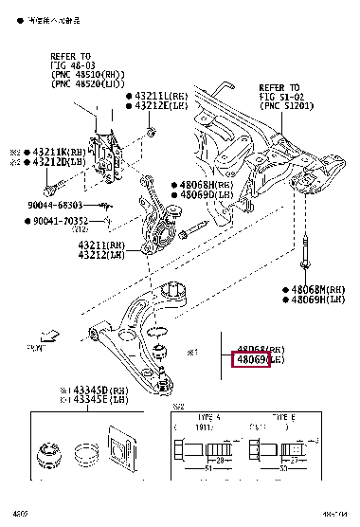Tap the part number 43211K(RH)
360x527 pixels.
coord(44,151)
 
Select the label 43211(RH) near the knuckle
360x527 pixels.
coord(102,245)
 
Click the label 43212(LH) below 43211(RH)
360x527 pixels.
coord(102,254)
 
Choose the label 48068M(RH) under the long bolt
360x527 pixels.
coord(314,289)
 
